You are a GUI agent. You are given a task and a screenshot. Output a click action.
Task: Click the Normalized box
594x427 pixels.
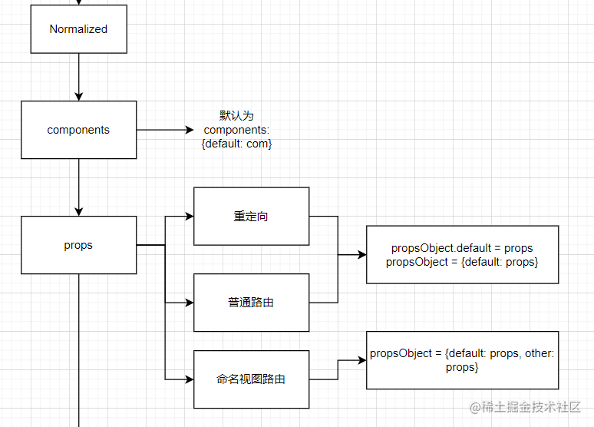point(78,29)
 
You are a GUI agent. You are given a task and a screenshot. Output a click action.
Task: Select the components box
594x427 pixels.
point(78,130)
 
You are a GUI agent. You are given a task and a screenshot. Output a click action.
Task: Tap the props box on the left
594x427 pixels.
point(78,245)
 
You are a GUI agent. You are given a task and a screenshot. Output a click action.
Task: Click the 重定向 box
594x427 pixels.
point(251,217)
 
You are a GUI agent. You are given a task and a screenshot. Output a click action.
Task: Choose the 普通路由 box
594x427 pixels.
point(251,303)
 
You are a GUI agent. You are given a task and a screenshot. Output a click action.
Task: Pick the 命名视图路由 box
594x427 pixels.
point(251,379)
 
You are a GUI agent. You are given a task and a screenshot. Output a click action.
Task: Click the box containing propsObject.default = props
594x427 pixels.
point(462,255)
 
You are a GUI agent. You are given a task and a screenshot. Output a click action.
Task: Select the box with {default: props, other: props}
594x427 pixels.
point(462,360)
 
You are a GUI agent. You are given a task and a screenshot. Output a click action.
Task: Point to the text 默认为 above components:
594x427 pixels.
point(236,116)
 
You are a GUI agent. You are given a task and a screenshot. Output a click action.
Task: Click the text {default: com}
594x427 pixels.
point(236,144)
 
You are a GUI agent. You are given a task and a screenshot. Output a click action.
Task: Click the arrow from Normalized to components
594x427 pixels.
point(78,77)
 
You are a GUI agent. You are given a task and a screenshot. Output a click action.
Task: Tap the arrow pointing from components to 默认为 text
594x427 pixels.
point(165,130)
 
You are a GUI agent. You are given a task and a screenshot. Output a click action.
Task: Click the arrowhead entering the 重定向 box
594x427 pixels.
point(189,217)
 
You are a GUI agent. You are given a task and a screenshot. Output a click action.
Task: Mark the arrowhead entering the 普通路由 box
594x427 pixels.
point(189,303)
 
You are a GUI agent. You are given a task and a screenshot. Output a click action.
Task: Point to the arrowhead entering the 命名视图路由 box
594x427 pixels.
point(189,379)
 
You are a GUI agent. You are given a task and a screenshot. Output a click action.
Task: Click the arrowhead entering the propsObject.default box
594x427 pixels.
point(361,255)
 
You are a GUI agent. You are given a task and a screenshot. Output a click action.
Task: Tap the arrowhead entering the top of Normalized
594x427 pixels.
point(78,2)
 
